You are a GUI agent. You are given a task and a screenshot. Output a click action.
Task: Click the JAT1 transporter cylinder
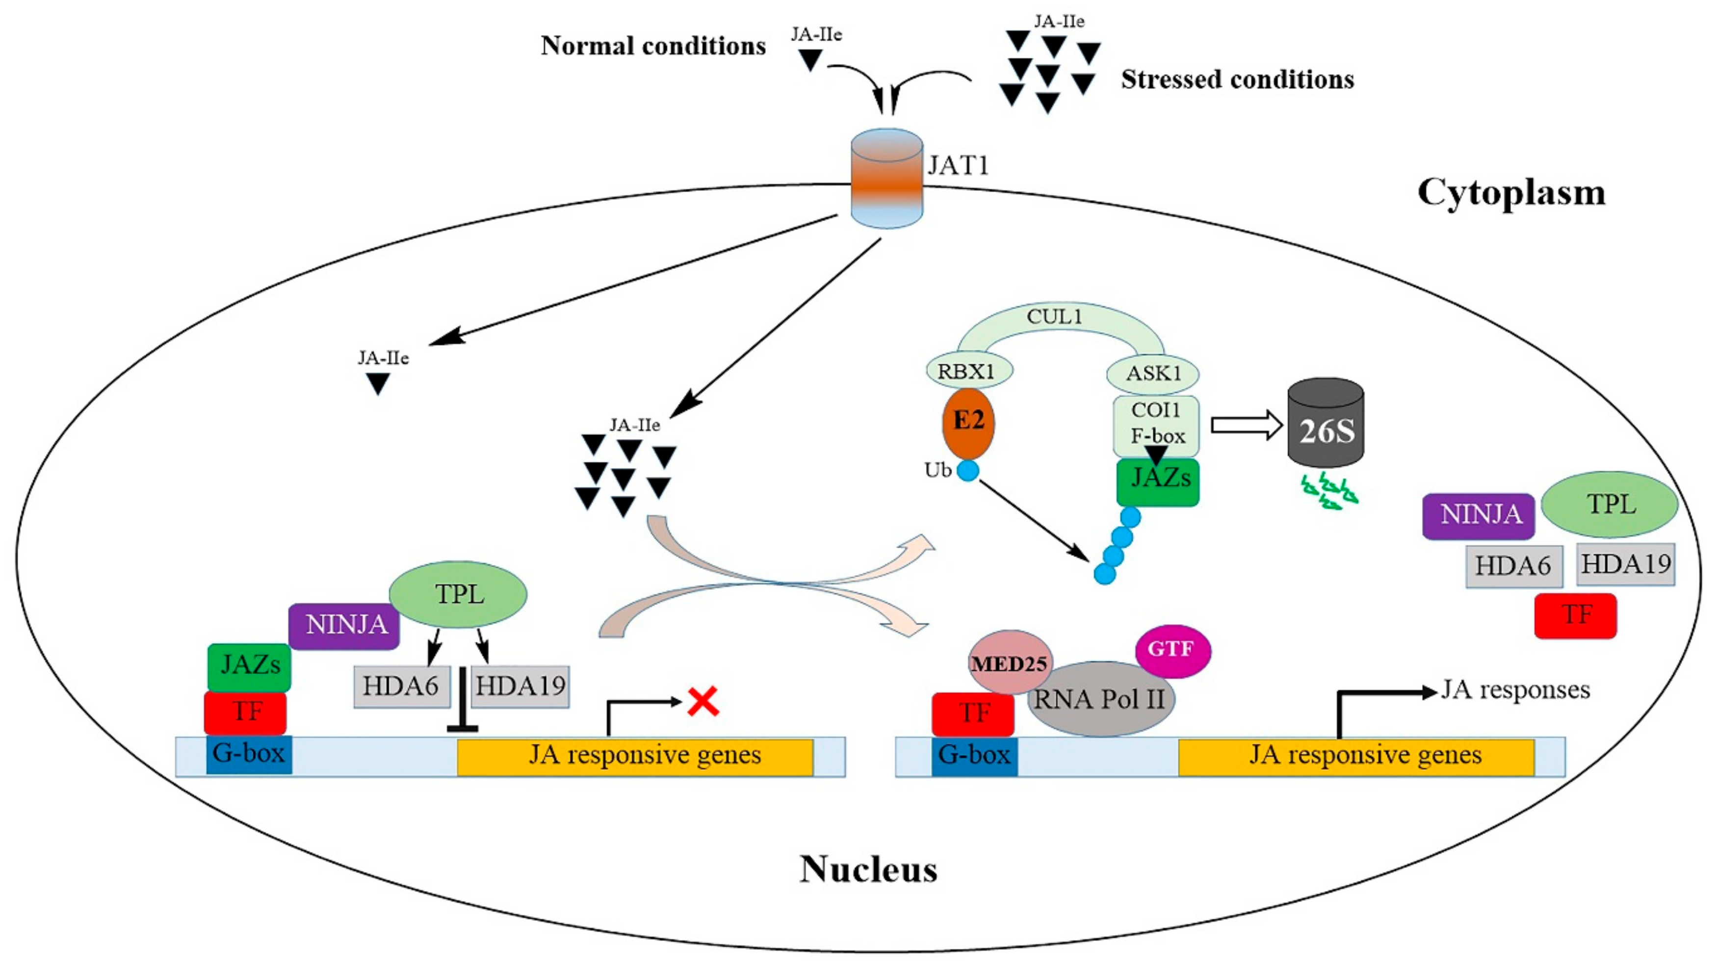point(887,178)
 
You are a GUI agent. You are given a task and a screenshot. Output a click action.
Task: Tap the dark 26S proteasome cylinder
point(1326,424)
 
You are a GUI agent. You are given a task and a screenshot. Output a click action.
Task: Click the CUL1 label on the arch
point(1054,317)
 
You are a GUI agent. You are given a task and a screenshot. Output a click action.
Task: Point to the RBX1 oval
point(968,371)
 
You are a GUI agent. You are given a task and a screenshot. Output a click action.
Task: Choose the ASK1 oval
point(1152,373)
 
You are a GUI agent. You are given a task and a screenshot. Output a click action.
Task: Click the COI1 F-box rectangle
point(1156,423)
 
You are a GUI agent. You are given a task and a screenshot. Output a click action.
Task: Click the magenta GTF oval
point(1172,649)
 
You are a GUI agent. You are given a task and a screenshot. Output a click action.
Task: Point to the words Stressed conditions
point(1237,79)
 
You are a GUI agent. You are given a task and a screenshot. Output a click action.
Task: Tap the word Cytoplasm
point(1511,193)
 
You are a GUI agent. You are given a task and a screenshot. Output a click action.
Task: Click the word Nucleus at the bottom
point(868,869)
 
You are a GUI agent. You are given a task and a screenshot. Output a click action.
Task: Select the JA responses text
point(1515,690)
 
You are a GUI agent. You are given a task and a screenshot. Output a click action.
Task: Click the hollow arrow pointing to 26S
point(1245,425)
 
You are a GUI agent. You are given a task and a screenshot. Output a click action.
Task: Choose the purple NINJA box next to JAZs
point(344,625)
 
